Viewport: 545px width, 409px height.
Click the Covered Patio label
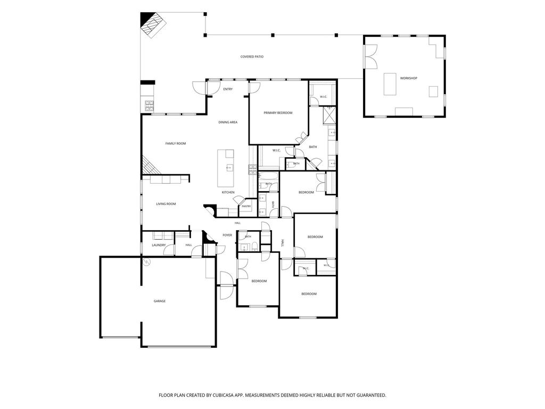pos(252,56)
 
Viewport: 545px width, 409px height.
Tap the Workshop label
pos(408,78)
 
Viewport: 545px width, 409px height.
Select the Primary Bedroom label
pos(278,113)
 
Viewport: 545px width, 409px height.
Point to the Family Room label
pos(176,143)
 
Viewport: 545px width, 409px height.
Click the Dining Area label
pos(228,122)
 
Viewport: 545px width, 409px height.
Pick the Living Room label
pos(166,204)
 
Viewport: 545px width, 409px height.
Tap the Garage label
pos(160,301)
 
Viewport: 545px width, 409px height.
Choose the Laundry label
pos(159,245)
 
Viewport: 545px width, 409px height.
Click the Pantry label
pos(246,206)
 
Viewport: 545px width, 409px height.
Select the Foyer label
pos(227,235)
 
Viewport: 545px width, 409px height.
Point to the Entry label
pos(228,89)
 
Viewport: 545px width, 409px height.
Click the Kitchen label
pos(228,192)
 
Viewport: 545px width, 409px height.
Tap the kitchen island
pos(226,168)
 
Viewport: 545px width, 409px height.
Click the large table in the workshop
pos(390,84)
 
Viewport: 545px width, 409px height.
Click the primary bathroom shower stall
pos(329,116)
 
